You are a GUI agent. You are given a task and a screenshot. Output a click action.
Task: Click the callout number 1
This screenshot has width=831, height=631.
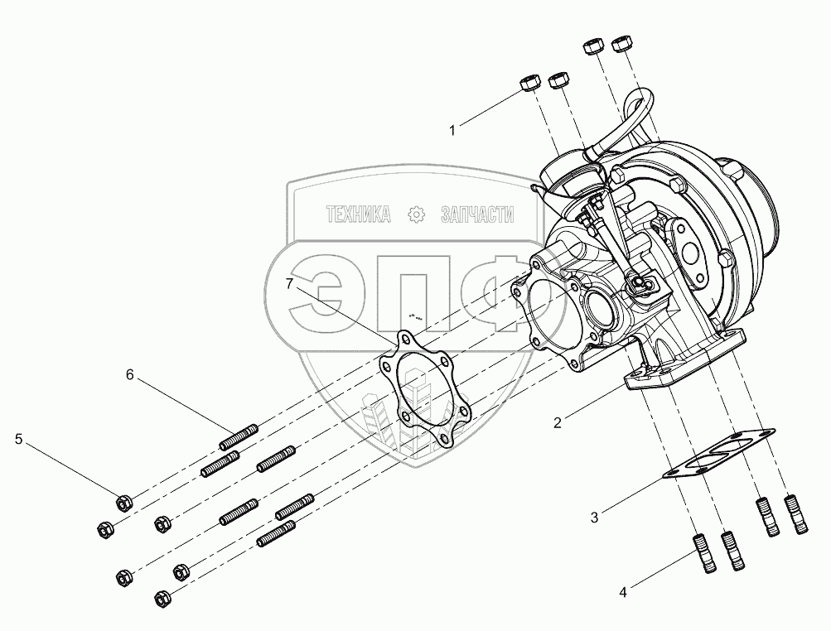(452, 130)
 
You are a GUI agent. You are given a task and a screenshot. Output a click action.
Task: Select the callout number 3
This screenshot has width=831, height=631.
(594, 517)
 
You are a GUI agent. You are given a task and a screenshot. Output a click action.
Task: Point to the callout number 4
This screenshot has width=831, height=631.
(623, 592)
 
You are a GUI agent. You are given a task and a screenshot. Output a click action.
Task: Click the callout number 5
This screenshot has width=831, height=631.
(18, 439)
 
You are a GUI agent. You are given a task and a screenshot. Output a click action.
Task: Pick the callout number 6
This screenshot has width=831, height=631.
(130, 375)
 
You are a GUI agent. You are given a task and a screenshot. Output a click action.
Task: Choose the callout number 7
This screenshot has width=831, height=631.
(289, 285)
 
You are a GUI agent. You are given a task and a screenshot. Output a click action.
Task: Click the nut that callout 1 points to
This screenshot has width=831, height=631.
(529, 83)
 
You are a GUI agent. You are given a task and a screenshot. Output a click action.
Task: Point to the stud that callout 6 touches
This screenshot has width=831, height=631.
(239, 436)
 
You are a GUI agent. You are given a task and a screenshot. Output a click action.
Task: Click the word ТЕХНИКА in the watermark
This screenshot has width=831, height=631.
(359, 214)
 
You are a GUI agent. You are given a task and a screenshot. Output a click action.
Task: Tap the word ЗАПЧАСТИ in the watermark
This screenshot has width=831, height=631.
(477, 214)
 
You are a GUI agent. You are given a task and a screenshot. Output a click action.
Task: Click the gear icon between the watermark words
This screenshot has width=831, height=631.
(417, 214)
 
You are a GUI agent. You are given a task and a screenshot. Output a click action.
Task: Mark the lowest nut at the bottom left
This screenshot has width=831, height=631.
(162, 598)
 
